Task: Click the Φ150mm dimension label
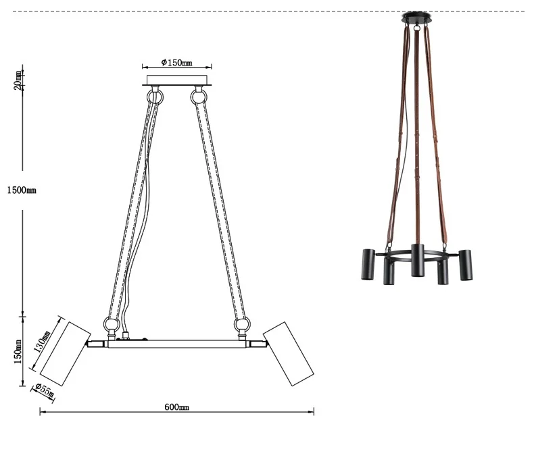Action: [176, 62]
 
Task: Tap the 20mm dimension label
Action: [18, 80]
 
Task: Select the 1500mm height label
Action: [22, 190]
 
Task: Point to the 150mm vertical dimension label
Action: [18, 352]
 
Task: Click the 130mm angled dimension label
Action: [42, 341]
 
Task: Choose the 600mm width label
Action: [176, 407]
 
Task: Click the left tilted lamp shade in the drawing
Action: [66, 354]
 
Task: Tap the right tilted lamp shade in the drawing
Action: [289, 354]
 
